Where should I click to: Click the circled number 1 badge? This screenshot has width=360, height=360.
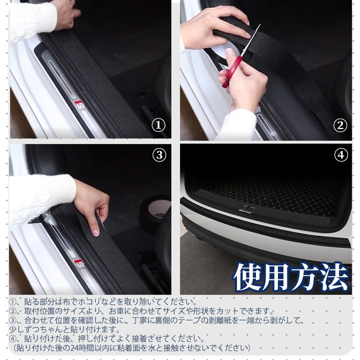158,125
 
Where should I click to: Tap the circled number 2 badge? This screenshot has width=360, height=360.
340,125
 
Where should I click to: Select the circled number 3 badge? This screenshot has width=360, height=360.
159,155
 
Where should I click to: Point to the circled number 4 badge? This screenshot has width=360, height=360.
341,155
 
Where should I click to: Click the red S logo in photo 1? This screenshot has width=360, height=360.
79,104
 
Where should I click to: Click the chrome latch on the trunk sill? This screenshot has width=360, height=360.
247,209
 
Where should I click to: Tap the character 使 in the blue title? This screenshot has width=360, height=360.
248,277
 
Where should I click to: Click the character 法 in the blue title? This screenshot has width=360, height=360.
334,277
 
